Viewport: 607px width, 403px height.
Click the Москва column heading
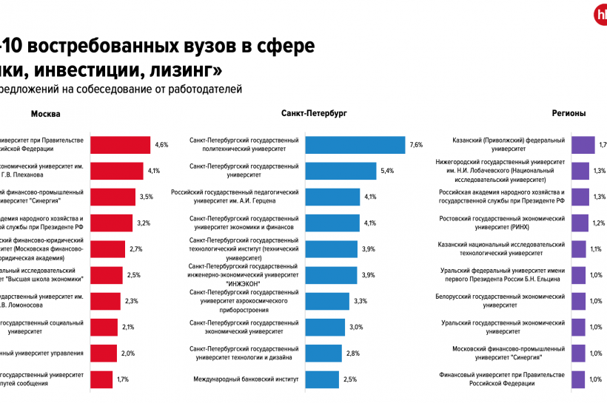point(45,114)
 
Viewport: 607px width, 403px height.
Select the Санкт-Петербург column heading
point(314,114)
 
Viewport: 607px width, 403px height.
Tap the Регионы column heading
point(569,114)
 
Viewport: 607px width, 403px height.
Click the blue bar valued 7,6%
point(355,145)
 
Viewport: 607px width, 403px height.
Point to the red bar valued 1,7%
point(102,379)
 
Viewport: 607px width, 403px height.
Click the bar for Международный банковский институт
point(322,379)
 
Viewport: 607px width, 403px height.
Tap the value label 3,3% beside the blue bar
point(361,302)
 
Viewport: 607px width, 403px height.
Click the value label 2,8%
point(352,353)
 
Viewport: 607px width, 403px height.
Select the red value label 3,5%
point(146,197)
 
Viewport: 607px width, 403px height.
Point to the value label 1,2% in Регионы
point(599,223)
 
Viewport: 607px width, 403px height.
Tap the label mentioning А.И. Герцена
point(235,197)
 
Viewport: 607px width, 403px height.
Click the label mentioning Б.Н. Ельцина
point(503,275)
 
